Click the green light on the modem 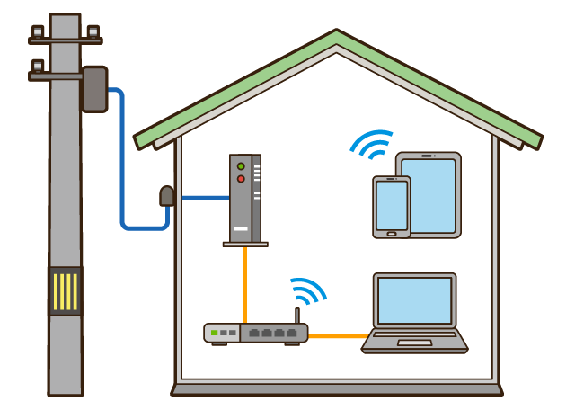[240, 166]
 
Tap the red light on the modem [240, 179]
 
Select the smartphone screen [392, 205]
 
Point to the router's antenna [296, 316]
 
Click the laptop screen [414, 300]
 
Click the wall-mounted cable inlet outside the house [166, 196]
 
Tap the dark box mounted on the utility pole [94, 88]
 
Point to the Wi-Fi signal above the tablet [371, 143]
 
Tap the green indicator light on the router [215, 334]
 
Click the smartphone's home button [392, 234]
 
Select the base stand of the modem [245, 243]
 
